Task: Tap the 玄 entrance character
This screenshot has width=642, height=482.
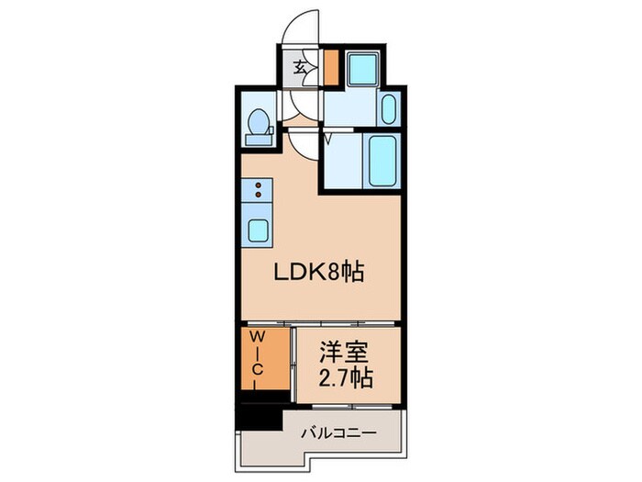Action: pyautogui.click(x=300, y=66)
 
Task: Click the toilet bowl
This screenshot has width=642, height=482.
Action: pyautogui.click(x=259, y=121)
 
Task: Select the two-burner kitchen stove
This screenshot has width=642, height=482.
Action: pyautogui.click(x=258, y=191)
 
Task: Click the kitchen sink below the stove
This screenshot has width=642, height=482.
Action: pyautogui.click(x=258, y=230)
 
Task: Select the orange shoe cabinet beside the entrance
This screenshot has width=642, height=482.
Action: pyautogui.click(x=330, y=66)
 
